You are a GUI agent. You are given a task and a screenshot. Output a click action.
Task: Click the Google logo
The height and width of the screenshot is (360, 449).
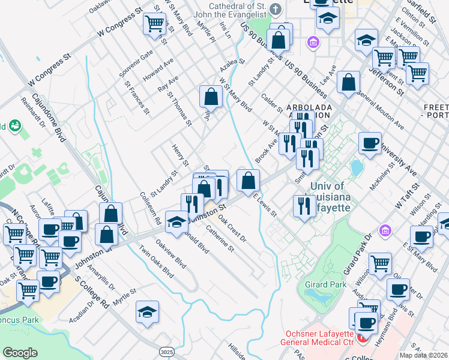click(20, 353)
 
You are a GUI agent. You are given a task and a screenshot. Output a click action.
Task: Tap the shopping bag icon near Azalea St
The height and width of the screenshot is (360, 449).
click(211, 96)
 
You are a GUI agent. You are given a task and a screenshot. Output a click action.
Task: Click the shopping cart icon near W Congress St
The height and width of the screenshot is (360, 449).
click(154, 24)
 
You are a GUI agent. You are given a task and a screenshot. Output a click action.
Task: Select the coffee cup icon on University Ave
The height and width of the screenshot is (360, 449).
click(370, 143)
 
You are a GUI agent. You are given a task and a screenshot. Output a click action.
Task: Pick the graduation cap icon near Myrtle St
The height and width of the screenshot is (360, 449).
click(147, 312)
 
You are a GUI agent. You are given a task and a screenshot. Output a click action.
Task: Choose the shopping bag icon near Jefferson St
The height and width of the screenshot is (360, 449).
click(348, 82)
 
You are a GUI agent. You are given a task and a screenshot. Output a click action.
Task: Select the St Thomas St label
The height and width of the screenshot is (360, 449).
click(179, 108)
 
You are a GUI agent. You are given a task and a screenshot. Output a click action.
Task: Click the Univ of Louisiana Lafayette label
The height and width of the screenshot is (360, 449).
click(327, 197)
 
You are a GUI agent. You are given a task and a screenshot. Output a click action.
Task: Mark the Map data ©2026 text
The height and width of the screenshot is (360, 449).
click(423, 355)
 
